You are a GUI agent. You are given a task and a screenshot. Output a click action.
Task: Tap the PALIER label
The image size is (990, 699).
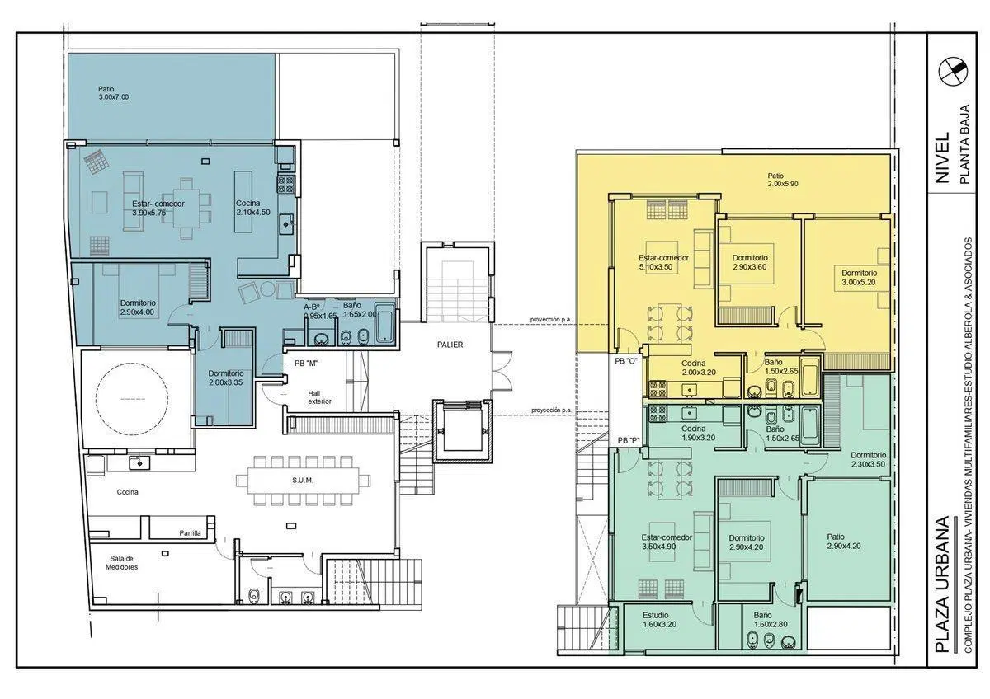[450, 345]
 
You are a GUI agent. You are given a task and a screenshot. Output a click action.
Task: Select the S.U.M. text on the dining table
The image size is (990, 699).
[302, 481]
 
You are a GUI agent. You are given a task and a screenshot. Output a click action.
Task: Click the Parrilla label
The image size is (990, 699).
[190, 533]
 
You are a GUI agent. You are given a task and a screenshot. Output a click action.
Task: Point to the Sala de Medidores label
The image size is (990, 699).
[121, 562]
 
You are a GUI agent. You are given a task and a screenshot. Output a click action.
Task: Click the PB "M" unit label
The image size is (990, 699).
[306, 364]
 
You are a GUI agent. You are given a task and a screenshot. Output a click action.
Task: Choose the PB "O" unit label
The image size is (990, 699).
[626, 361]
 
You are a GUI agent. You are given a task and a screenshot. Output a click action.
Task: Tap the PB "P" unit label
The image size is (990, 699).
[629, 440]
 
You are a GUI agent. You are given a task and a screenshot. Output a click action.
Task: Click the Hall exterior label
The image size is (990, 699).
[319, 397]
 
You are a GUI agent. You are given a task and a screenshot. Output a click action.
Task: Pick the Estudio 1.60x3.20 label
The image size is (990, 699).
[659, 620]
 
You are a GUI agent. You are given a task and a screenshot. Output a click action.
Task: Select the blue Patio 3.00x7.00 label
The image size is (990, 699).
[114, 93]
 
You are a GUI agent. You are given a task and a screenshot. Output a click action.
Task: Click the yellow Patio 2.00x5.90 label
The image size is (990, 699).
[783, 180]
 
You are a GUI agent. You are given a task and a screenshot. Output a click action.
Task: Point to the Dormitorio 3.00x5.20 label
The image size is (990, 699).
[859, 278]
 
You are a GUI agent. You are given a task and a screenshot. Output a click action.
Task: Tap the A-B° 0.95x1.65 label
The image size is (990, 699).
[320, 311]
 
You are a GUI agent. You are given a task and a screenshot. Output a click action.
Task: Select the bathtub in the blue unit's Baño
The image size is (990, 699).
[384, 323]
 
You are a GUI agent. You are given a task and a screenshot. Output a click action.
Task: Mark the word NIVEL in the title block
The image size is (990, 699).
[942, 157]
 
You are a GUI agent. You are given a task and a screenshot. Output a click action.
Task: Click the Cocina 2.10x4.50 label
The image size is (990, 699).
[252, 208]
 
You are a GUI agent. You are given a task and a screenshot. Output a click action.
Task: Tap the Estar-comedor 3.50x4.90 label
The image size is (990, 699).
[667, 542]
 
